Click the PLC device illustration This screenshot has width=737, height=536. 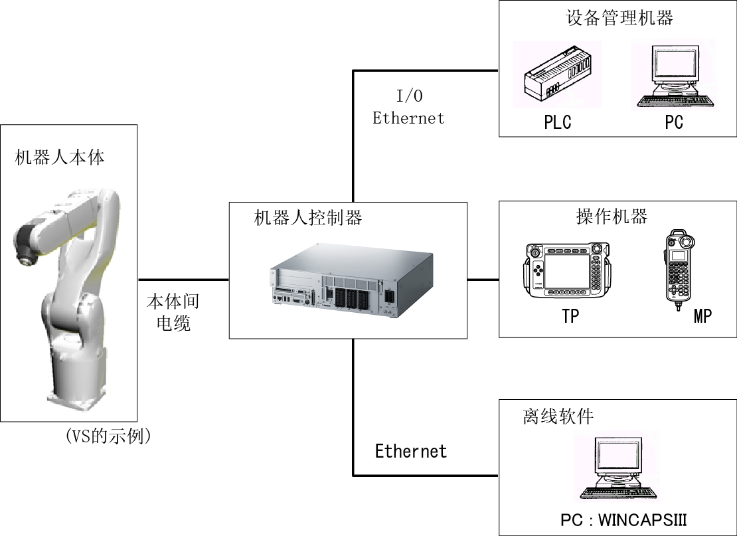[x=558, y=74]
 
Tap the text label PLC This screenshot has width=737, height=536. [x=558, y=122]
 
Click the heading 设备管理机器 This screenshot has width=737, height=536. [x=619, y=18]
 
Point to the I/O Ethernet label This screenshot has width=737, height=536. [x=408, y=107]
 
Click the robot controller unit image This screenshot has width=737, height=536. [x=352, y=281]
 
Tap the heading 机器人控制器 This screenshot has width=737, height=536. [x=308, y=218]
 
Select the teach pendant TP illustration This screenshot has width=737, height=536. [x=568, y=270]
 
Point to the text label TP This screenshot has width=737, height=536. [x=570, y=316]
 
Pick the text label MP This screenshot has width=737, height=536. [x=702, y=316]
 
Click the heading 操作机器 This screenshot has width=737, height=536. [x=612, y=217]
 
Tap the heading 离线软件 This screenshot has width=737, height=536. [x=558, y=416]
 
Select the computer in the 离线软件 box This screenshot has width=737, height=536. [x=617, y=468]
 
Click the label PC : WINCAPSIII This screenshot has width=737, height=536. [x=623, y=520]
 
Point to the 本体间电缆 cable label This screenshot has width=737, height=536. [x=173, y=312]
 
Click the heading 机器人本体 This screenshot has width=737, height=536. [x=60, y=157]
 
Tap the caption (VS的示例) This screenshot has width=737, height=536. [x=109, y=436]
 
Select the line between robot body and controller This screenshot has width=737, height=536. [x=183, y=280]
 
